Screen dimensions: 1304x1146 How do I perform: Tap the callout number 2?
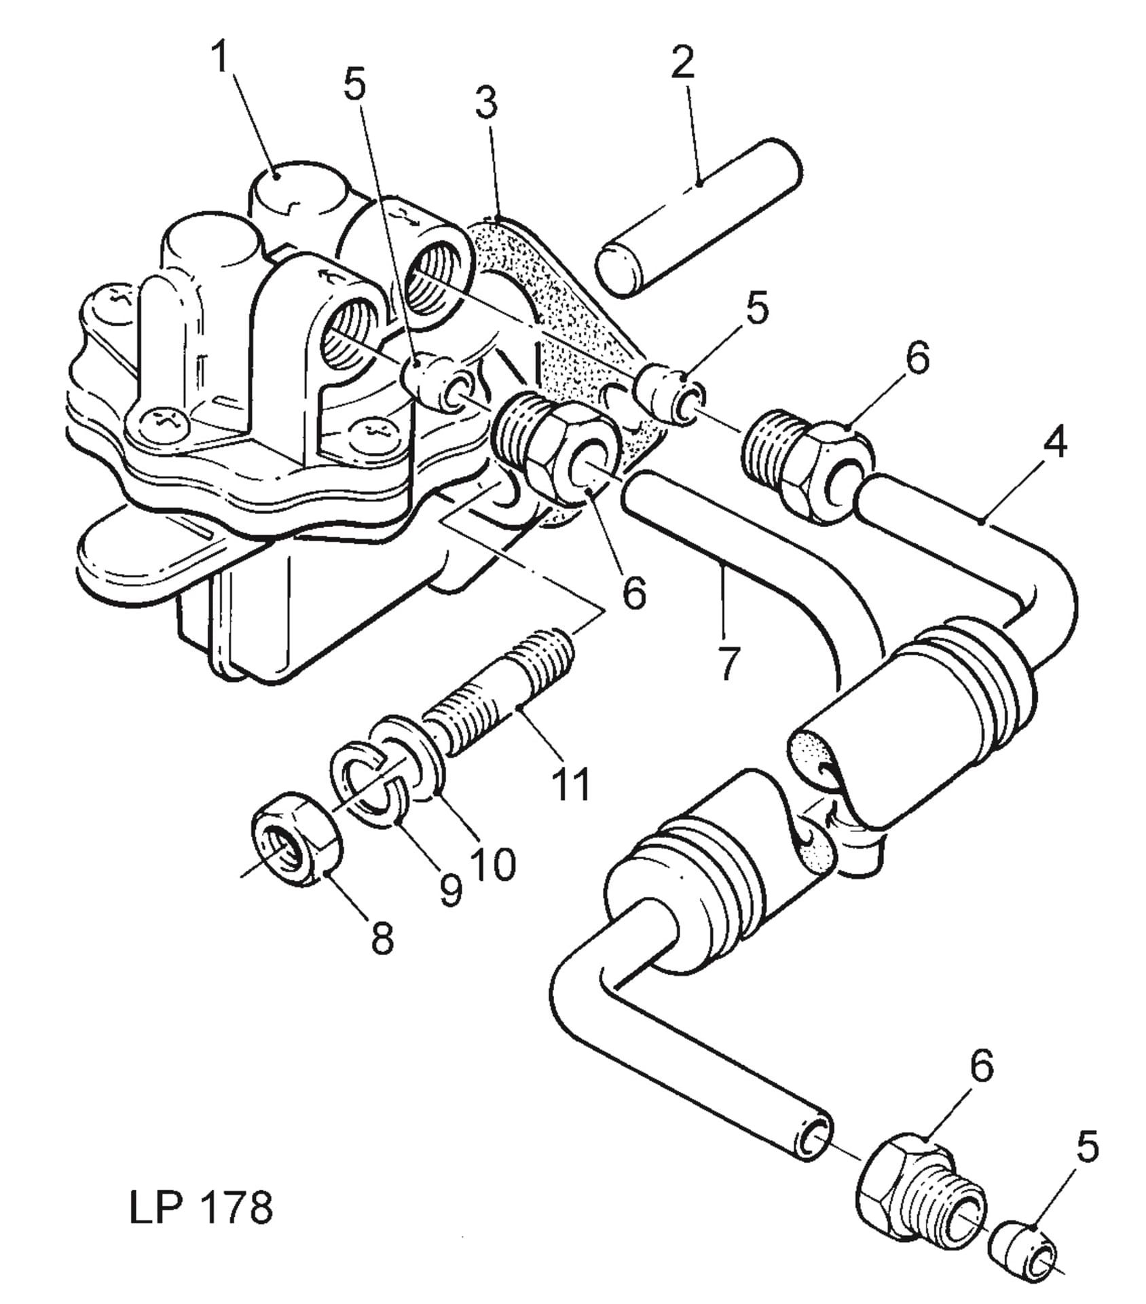[x=683, y=62]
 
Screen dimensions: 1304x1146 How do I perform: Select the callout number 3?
[x=486, y=103]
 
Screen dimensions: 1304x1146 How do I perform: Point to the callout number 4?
[x=1054, y=442]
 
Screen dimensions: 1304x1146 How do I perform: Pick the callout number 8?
[x=382, y=939]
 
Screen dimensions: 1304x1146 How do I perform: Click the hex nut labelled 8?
[x=296, y=839]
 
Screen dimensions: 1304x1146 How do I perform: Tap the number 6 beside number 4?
[x=917, y=358]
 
